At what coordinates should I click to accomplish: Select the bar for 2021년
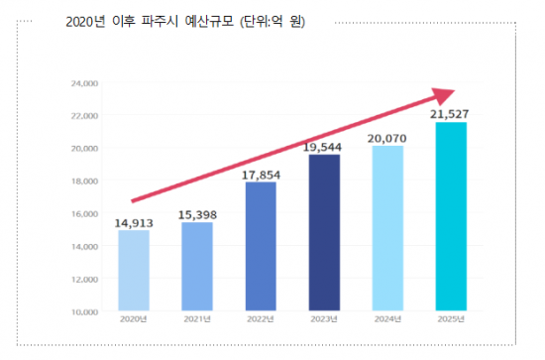click(x=197, y=267)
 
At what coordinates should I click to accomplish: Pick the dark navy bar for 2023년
click(x=325, y=233)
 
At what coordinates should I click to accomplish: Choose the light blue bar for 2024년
click(x=387, y=229)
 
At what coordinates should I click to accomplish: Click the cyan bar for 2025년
click(x=452, y=217)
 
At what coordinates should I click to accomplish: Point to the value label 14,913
click(x=134, y=222)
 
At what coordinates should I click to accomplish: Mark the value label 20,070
click(x=387, y=138)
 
